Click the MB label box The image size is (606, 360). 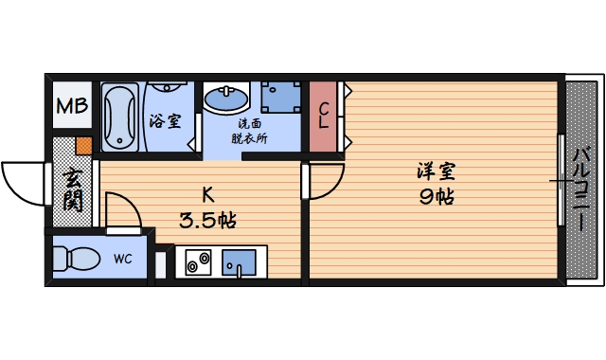71,107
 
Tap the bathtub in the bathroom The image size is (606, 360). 120,118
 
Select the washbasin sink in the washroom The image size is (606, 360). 226,98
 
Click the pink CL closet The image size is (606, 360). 323,117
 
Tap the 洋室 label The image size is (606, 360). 436,172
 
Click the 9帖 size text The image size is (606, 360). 436,197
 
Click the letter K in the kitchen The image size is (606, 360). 207,195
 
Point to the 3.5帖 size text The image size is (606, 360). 207,221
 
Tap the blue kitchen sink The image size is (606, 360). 239,261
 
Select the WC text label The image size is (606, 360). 123,258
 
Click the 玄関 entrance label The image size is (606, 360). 73,189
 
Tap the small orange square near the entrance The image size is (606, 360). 83,147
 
